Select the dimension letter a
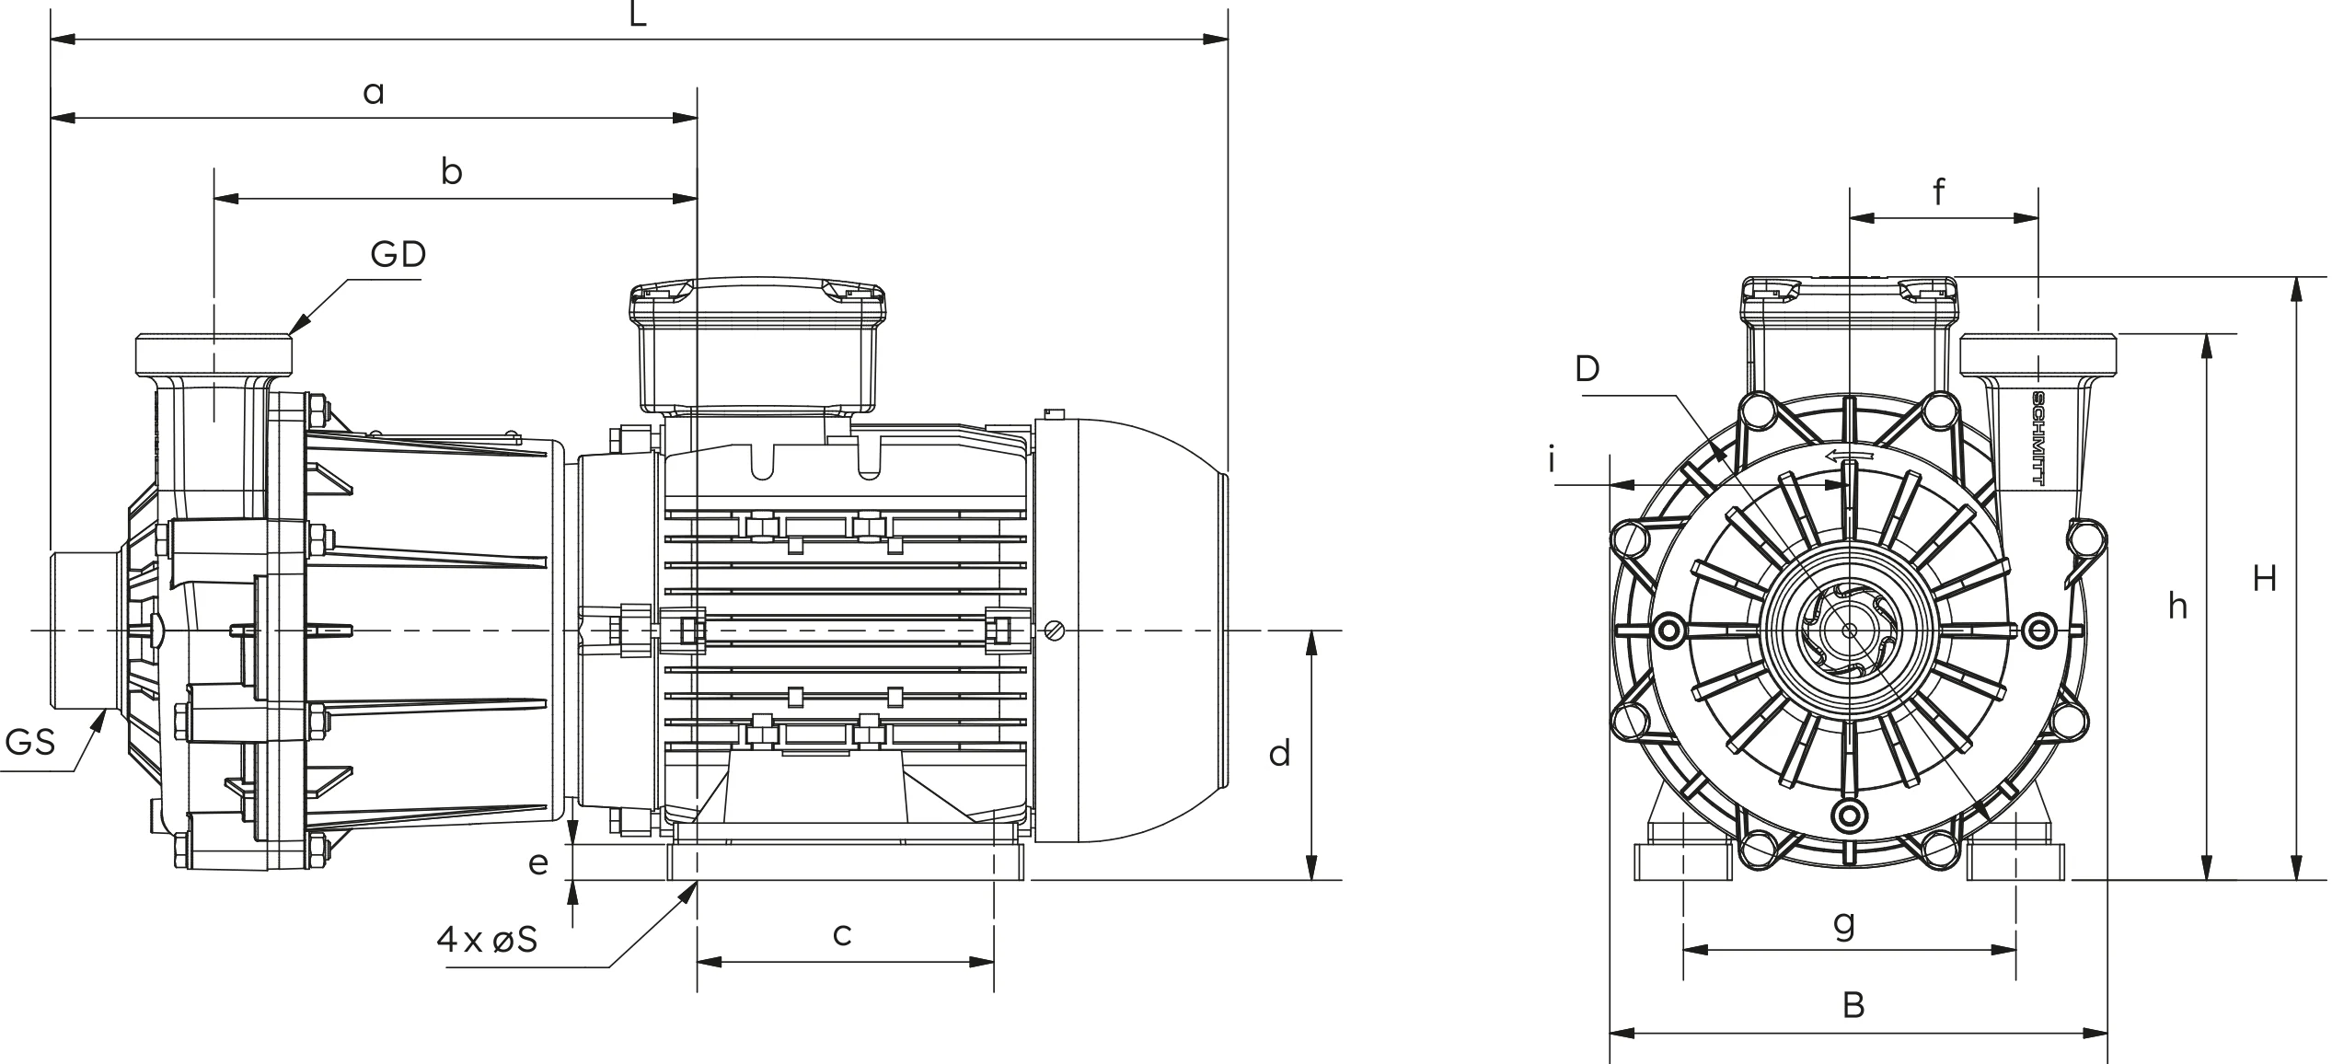pyautogui.click(x=374, y=93)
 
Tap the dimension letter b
pyautogui.click(x=451, y=171)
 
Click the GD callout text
pyautogui.click(x=398, y=254)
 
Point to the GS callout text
pyautogui.click(x=30, y=742)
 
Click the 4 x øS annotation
pyautogui.click(x=487, y=940)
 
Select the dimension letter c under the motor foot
pyautogui.click(x=842, y=934)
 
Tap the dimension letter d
pyautogui.click(x=1279, y=753)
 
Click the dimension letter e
pyautogui.click(x=538, y=863)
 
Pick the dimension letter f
pyautogui.click(x=1939, y=191)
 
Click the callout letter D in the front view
pyautogui.click(x=1587, y=368)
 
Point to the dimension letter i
pyautogui.click(x=1552, y=458)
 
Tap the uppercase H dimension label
pyautogui.click(x=2265, y=578)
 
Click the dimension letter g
pyautogui.click(x=1844, y=923)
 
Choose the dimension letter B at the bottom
pyautogui.click(x=1853, y=1005)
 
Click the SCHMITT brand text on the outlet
pyautogui.click(x=2038, y=439)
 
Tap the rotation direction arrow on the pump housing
pyautogui.click(x=1849, y=456)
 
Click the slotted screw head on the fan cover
pyautogui.click(x=1055, y=630)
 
